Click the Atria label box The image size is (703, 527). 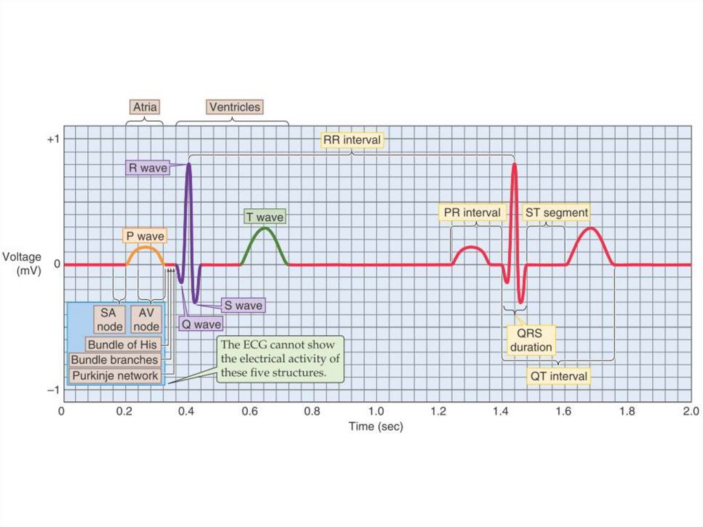[144, 107]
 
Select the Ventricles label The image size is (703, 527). [234, 107]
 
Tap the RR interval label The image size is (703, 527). [351, 140]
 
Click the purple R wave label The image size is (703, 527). [146, 167]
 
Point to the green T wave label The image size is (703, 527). [264, 217]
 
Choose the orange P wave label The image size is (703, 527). [144, 236]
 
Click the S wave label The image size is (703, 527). [242, 304]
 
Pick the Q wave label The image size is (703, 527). [200, 324]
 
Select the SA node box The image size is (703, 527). [108, 319]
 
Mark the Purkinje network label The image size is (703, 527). [115, 376]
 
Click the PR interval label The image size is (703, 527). [472, 212]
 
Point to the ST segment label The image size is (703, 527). [557, 212]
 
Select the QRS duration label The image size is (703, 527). [531, 340]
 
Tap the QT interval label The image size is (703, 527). [557, 376]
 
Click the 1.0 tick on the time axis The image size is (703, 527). [376, 412]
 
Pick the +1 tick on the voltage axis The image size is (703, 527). [53, 139]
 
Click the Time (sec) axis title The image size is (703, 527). [376, 427]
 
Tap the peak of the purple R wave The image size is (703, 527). [189, 164]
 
